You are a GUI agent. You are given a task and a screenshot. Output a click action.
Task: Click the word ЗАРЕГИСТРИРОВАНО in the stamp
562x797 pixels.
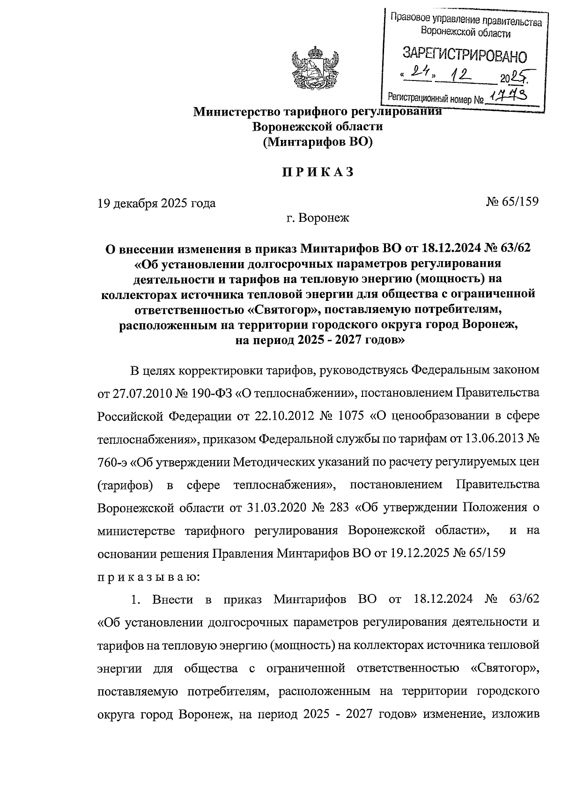pyautogui.click(x=464, y=55)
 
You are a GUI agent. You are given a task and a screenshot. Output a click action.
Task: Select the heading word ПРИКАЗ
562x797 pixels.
pyautogui.click(x=318, y=172)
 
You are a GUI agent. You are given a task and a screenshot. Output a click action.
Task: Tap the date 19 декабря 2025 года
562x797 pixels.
pyautogui.click(x=156, y=203)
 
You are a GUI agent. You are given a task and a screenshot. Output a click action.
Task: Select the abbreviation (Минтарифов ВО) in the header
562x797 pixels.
pyautogui.click(x=318, y=142)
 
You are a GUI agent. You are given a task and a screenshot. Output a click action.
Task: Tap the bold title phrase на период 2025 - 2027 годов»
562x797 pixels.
pyautogui.click(x=318, y=340)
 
